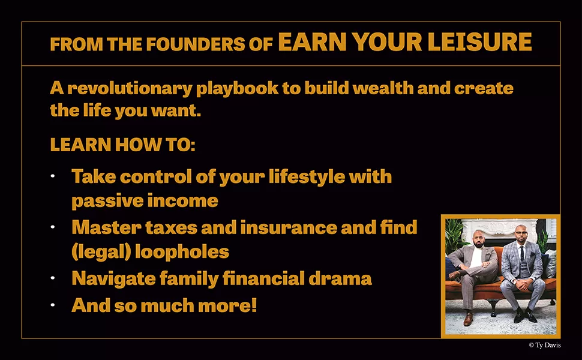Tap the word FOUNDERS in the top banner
point(196,44)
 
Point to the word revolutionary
point(130,89)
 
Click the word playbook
point(237,89)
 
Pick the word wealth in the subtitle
point(383,88)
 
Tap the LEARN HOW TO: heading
point(122,145)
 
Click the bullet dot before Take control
point(53,176)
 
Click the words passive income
point(145,201)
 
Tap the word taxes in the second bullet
point(171,227)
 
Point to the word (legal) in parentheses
point(101,252)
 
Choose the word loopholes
point(182,252)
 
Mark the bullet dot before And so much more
point(53,305)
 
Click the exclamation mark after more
point(254,305)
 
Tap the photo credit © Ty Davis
point(545,345)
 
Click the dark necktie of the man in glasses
point(522,253)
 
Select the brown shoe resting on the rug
point(469,319)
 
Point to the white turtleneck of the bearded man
point(476,256)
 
